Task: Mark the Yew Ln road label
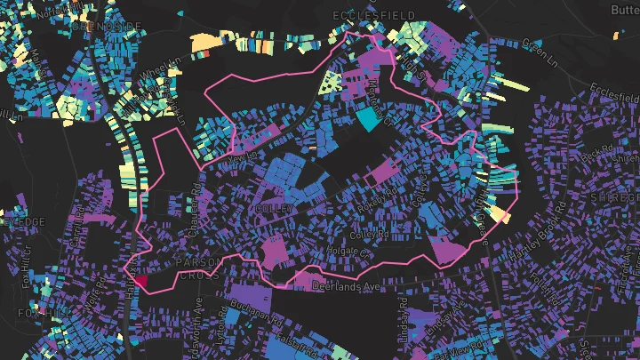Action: pos(241,157)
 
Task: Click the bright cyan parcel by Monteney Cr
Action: pos(367,120)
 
